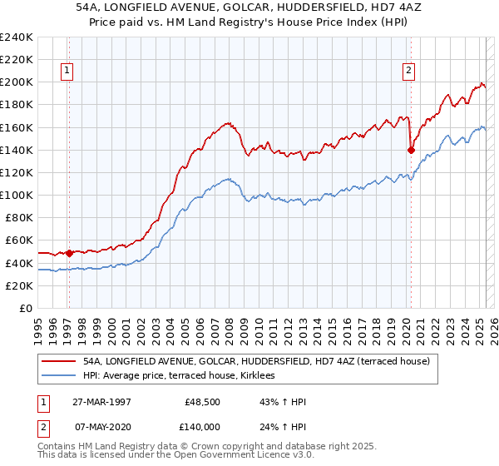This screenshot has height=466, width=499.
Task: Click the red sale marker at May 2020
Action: pos(411,150)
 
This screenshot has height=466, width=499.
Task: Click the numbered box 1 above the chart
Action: pos(66,72)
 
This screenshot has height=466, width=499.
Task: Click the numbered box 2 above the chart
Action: pos(409,72)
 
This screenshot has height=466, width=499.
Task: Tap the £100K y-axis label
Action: pos(18,195)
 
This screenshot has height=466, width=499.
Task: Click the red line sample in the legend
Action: pos(58,362)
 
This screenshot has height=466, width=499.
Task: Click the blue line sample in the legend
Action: pos(58,376)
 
